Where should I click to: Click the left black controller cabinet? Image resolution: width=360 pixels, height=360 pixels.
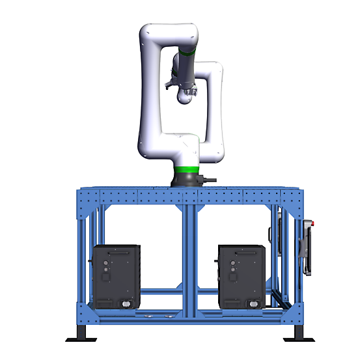click(x=116, y=276)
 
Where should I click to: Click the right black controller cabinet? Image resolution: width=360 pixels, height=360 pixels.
click(x=242, y=276)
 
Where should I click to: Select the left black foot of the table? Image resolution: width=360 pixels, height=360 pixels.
click(x=82, y=331)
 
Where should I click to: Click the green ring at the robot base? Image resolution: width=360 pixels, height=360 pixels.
click(x=187, y=171)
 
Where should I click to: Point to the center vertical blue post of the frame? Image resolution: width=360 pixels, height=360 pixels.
click(x=186, y=254)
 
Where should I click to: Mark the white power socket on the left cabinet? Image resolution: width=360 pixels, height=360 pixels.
click(x=124, y=303)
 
